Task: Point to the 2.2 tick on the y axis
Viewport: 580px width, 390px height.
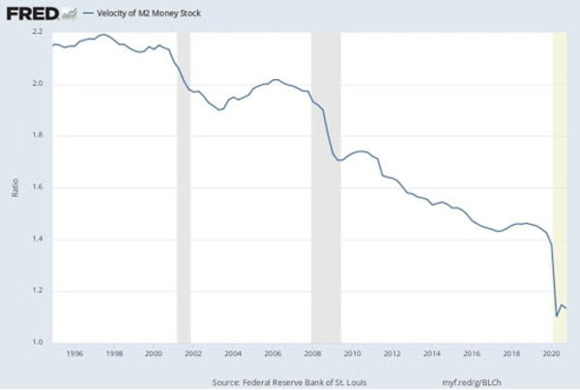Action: click(37, 32)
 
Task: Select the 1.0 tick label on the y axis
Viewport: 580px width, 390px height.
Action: click(37, 343)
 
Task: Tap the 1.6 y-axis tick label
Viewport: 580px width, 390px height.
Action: click(37, 187)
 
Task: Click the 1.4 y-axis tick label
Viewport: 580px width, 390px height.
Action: click(37, 239)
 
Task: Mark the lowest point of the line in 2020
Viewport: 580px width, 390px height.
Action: click(557, 316)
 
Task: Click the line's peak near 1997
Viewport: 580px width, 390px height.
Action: click(101, 35)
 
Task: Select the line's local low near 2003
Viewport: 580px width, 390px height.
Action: click(219, 110)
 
